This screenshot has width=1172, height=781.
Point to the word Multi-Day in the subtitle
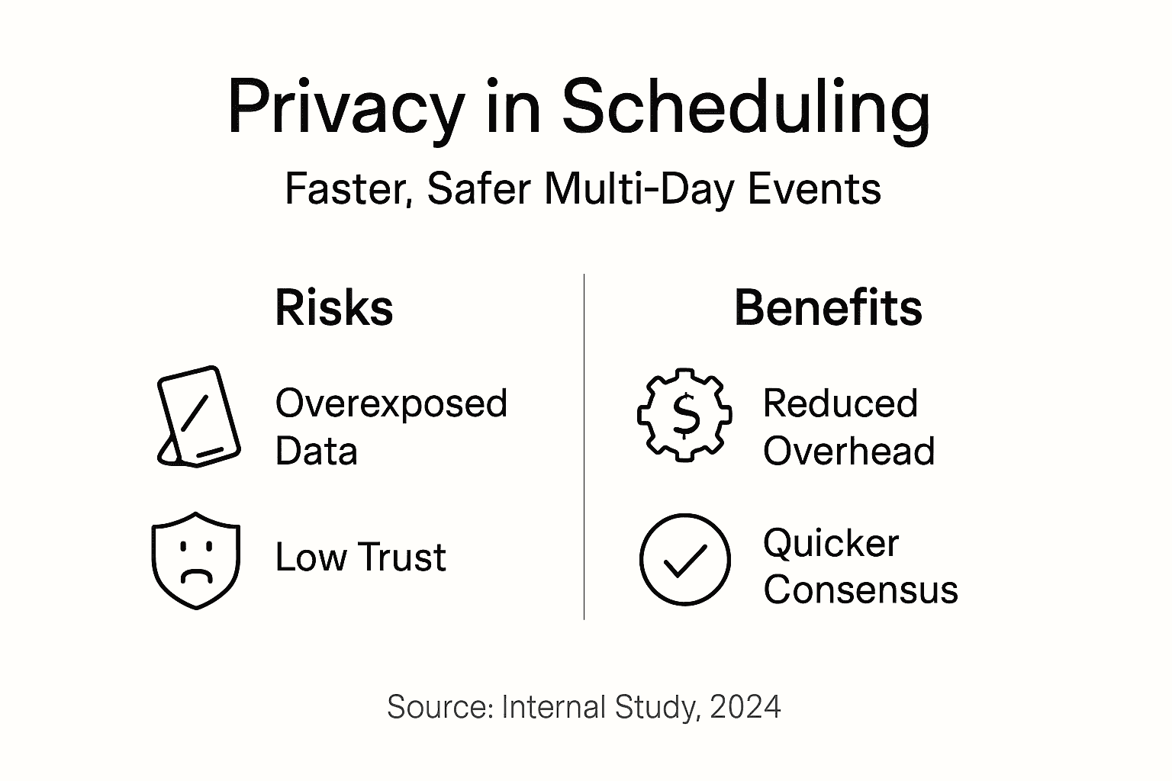coord(639,189)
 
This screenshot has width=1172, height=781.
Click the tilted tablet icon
coord(199,416)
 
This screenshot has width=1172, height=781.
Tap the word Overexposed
coord(391,404)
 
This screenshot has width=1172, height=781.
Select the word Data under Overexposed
coord(317,451)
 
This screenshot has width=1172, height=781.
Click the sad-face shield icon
coord(196,561)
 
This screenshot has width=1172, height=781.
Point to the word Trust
coord(402,557)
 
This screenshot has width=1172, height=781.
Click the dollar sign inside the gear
coord(686,416)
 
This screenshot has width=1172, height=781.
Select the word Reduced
coord(840,403)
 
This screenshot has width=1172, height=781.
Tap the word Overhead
coord(848,451)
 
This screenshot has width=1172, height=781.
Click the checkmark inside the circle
coord(684,561)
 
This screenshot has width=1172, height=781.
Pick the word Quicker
coord(831,544)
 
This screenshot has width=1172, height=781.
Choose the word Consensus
coord(861,590)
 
